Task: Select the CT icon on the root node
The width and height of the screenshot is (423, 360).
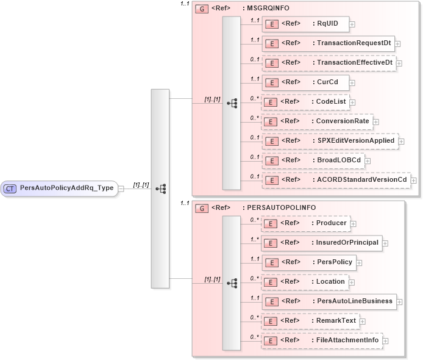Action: (x=10, y=189)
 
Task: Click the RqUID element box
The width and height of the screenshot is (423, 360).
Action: (x=305, y=24)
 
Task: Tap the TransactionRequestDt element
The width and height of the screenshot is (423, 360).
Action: (x=328, y=43)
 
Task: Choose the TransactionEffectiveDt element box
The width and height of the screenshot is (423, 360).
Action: (x=328, y=62)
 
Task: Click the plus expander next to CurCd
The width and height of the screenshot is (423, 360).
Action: (x=352, y=82)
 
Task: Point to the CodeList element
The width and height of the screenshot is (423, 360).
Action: (x=305, y=102)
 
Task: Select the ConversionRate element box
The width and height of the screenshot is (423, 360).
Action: (x=317, y=121)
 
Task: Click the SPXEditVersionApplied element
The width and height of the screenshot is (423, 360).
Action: (x=330, y=140)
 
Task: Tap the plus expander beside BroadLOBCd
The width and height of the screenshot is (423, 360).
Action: (x=368, y=160)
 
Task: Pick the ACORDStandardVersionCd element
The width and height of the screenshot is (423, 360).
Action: (x=335, y=179)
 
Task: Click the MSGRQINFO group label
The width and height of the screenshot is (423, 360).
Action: (x=266, y=8)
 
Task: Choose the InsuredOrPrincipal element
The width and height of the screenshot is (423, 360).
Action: (x=322, y=243)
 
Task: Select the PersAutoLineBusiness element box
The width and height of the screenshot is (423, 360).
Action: (x=328, y=301)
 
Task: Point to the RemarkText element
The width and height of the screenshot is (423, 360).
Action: (x=310, y=320)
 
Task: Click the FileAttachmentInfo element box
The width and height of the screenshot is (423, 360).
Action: (x=322, y=340)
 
